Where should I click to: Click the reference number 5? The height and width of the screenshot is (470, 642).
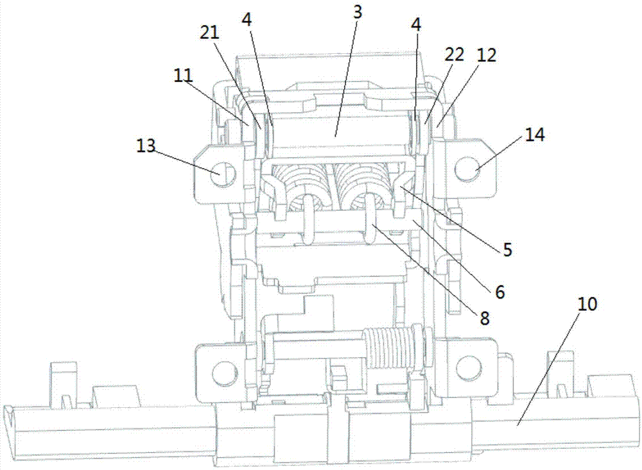[508, 250]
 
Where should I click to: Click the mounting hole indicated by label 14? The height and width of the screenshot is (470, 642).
[467, 170]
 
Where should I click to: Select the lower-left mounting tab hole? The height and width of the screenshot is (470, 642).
[223, 371]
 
